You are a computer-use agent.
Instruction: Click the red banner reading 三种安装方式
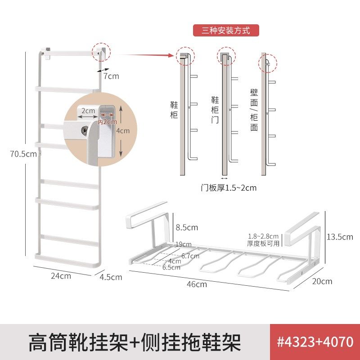[227, 31]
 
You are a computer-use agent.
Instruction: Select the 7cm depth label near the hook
[111, 76]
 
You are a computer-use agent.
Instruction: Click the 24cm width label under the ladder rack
[60, 276]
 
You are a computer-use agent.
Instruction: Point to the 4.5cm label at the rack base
[111, 277]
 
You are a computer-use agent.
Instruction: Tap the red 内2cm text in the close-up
[108, 121]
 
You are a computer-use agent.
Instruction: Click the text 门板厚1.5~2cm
[228, 188]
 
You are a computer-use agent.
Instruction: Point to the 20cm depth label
[321, 281]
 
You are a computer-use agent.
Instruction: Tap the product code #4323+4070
[315, 342]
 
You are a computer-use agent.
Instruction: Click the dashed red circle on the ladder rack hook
[100, 52]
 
